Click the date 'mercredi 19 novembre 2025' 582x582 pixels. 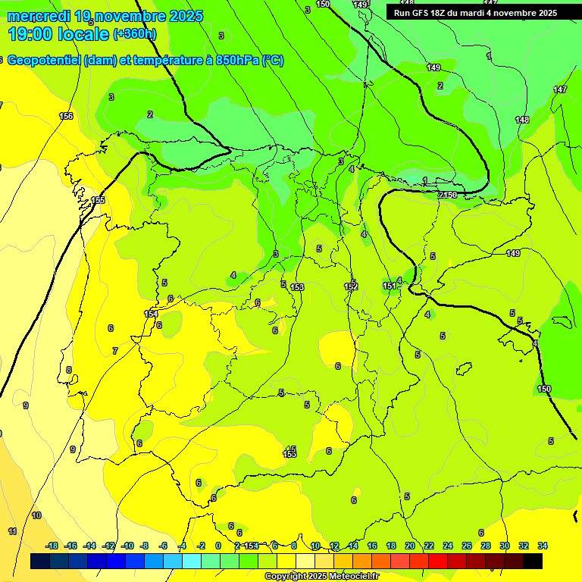point(105,16)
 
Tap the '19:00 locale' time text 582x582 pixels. point(58,34)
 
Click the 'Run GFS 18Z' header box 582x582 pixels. point(475,13)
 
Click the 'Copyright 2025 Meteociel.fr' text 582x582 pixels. point(321,577)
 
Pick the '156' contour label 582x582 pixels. point(66,116)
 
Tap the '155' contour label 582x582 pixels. point(98,200)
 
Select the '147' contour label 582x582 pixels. point(559,90)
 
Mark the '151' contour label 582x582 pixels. point(389,286)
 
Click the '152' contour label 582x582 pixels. point(351,286)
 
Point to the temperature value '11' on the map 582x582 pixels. point(12,531)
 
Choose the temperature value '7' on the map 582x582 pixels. point(115,351)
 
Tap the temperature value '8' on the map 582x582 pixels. point(69,371)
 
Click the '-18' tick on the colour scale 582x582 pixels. point(52,546)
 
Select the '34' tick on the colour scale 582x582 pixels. point(542,546)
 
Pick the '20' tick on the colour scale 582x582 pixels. point(410,546)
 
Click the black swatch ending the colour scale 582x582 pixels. point(532,561)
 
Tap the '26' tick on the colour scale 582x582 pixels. point(466,546)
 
